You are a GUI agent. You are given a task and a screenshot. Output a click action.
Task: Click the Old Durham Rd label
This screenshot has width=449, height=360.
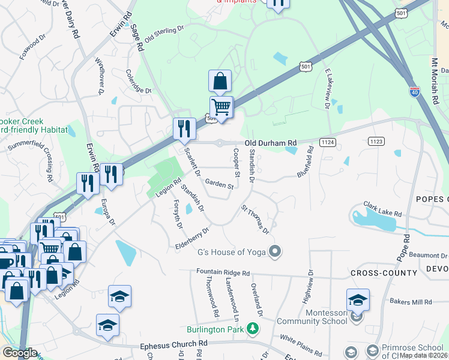pos(270,143)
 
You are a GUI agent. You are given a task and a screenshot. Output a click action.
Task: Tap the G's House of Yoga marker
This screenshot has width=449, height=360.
pos(276,252)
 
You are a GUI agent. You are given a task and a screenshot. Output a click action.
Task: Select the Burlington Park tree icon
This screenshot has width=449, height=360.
pos(253,328)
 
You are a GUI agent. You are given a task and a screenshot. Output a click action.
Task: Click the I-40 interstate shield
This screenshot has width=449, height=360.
pos(414,92)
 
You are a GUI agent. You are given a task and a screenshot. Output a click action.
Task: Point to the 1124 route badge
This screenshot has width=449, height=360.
pos(327,142)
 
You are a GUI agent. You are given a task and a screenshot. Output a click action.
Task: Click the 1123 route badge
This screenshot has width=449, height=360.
pos(376,140)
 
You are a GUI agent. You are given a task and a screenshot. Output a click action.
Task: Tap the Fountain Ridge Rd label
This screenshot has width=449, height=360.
pos(223,272)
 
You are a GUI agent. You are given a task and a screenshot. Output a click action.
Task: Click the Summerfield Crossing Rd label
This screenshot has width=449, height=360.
pos(45,161)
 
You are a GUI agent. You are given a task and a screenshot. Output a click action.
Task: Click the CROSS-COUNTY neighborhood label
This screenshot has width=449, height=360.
pos(383,273)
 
